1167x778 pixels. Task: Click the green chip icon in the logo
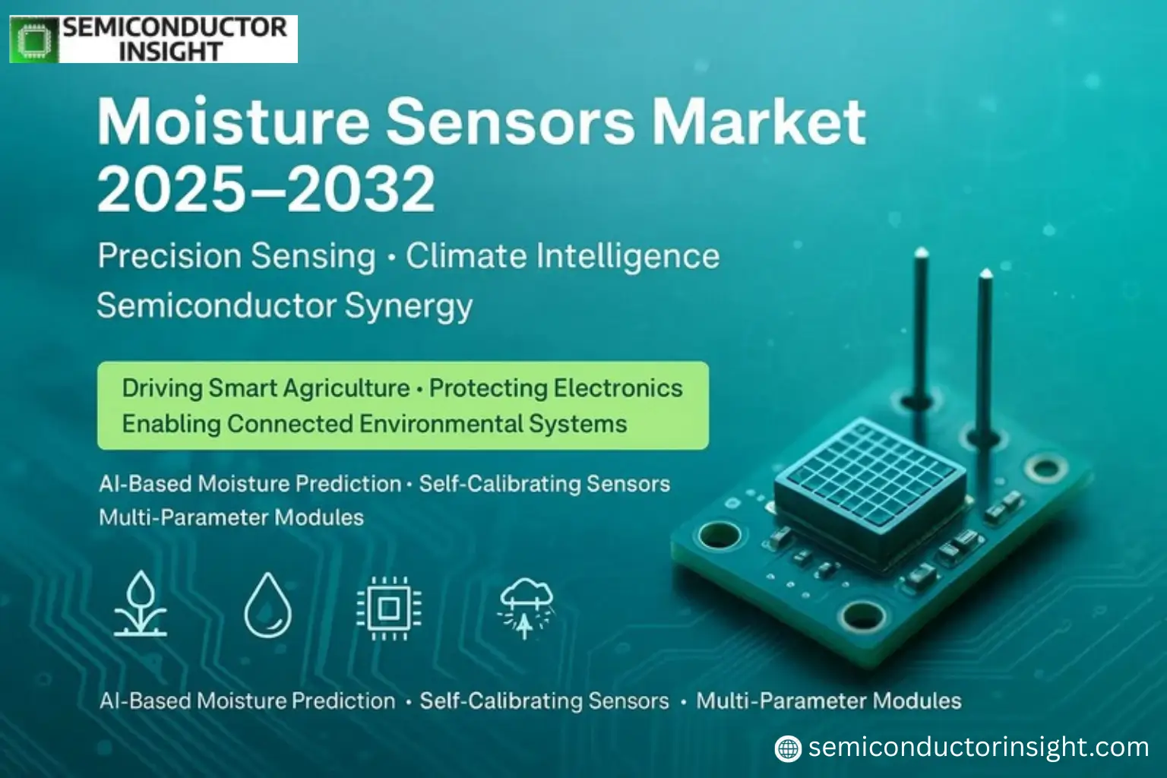(34, 40)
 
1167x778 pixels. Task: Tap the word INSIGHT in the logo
(170, 52)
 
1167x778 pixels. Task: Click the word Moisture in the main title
(233, 122)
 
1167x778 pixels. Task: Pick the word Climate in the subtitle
(466, 257)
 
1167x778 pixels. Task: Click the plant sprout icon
(141, 605)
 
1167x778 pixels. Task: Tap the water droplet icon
(268, 606)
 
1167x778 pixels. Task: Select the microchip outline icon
(389, 608)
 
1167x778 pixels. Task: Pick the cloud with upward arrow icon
(526, 608)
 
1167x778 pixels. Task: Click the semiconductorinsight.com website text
(978, 748)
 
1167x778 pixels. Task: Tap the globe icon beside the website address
(788, 748)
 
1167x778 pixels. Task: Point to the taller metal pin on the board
(920, 327)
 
